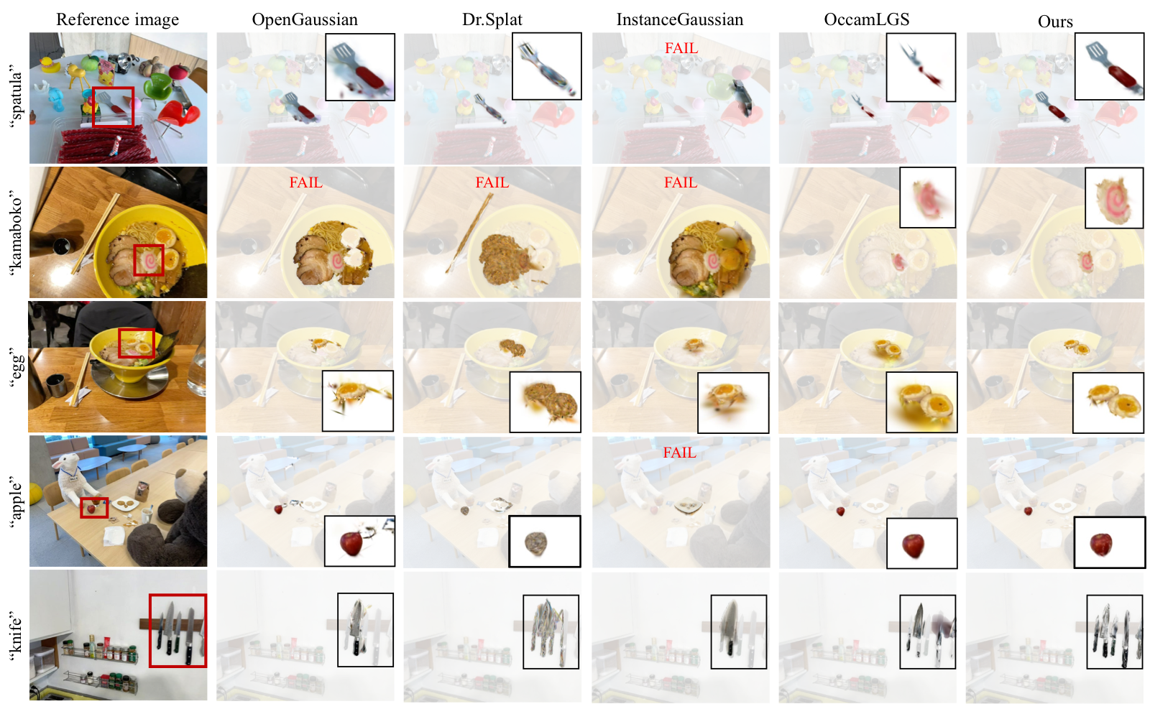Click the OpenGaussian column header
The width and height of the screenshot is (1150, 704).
[x=305, y=19]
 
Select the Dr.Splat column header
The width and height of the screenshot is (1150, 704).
[x=492, y=19]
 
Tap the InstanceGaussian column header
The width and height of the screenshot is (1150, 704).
[x=679, y=19]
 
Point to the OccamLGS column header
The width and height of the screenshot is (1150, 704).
[x=866, y=19]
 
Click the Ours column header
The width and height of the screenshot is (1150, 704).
[x=1054, y=22]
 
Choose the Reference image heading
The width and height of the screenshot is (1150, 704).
[x=117, y=19]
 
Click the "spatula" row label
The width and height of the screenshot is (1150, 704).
[x=16, y=97]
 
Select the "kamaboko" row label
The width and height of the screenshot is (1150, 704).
[x=16, y=231]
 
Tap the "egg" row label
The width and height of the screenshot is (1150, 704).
[x=16, y=366]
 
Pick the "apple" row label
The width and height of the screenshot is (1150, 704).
[x=16, y=501]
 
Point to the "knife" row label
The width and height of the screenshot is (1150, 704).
[x=16, y=635]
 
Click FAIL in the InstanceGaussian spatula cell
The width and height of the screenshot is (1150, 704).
[x=681, y=48]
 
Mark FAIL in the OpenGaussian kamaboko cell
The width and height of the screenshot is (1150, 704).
[x=305, y=182]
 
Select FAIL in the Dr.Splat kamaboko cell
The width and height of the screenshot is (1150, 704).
[x=492, y=182]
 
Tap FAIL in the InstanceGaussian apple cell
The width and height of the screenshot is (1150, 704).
[x=679, y=453]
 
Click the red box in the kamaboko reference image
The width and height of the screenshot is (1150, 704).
[x=149, y=260]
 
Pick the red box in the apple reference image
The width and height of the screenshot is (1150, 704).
[x=94, y=507]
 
